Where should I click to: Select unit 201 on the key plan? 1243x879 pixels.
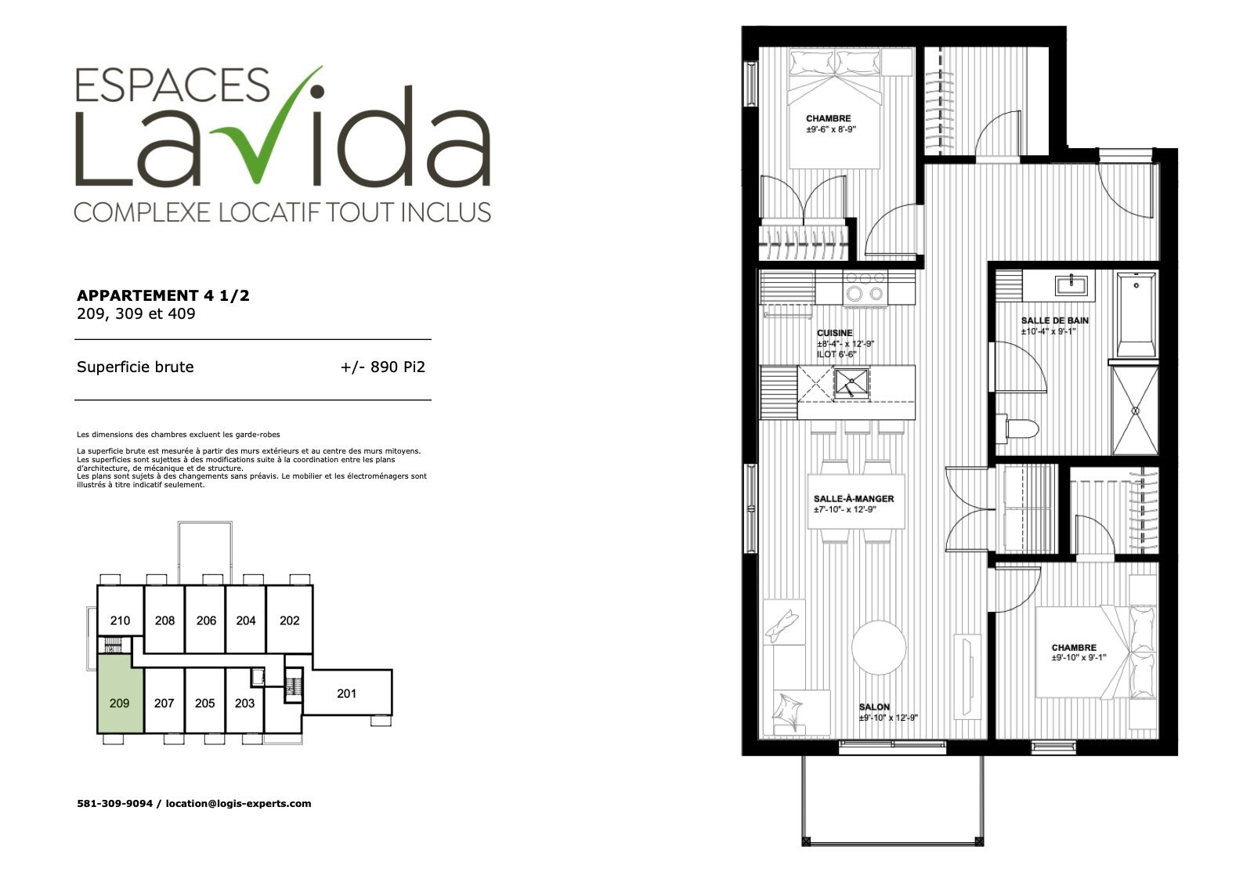click(348, 693)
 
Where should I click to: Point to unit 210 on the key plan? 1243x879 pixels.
click(121, 620)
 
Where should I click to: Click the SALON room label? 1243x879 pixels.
click(874, 707)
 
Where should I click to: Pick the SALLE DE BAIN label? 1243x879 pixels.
click(1055, 320)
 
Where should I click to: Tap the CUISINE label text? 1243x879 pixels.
click(835, 333)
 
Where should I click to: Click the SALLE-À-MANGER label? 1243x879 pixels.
click(854, 499)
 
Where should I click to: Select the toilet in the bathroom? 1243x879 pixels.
click(1017, 429)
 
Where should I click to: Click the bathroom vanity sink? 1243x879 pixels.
click(1071, 285)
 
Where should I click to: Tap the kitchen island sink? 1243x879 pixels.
click(851, 382)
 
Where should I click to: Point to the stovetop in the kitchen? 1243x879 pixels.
click(865, 288)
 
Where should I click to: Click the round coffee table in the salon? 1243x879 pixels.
click(879, 648)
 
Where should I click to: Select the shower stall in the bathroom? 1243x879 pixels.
click(1135, 410)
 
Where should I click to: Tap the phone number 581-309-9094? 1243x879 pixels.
click(115, 804)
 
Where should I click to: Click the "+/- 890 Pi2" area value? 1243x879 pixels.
click(383, 367)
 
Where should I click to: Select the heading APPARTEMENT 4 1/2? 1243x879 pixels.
click(163, 295)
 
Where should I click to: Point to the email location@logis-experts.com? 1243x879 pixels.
click(239, 804)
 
